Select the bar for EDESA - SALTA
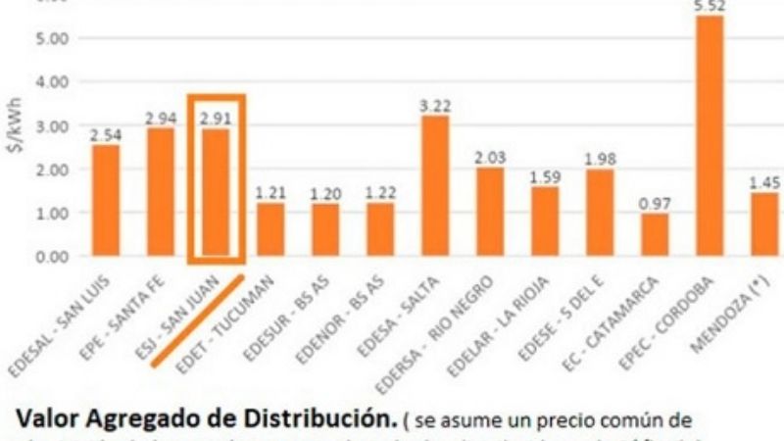point(435,186)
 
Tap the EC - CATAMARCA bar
point(655,234)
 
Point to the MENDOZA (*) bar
point(764,224)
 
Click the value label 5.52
point(710,7)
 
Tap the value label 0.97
point(655,204)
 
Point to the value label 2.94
point(161,119)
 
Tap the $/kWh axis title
point(13,148)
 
